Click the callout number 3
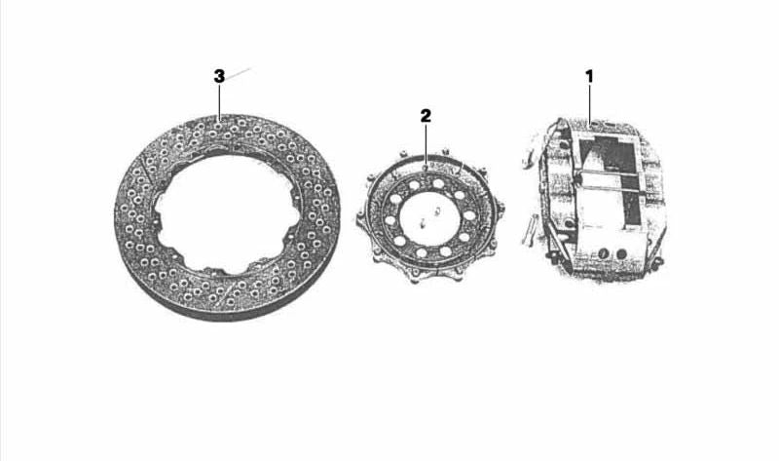pos(219,77)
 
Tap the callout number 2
pos(426,116)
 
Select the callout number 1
pos(589,77)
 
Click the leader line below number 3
pos(219,101)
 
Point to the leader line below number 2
pos(426,144)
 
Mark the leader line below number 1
pos(590,103)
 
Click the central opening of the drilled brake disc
pos(224,213)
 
